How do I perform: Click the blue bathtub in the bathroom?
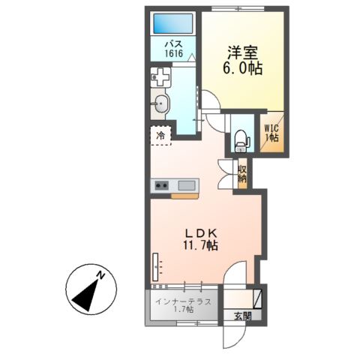(173, 23)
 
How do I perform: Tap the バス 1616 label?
(173, 49)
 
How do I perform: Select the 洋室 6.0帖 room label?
(242, 60)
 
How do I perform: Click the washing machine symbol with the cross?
(160, 77)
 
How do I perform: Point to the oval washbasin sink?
(160, 103)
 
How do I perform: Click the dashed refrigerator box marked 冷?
(160, 135)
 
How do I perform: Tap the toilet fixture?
(241, 141)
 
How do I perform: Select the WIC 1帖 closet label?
(271, 133)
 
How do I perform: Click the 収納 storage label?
(242, 174)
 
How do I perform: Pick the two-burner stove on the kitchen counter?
(161, 185)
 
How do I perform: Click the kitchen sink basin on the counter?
(187, 185)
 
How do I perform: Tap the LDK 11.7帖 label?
(200, 239)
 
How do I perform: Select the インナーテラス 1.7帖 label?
(184, 305)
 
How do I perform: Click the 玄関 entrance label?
(243, 316)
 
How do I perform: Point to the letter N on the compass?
(100, 275)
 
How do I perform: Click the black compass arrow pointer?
(85, 295)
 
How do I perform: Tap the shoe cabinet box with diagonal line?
(257, 299)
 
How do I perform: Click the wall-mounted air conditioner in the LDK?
(155, 267)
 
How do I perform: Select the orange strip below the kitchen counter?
(184, 196)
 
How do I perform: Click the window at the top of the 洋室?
(238, 9)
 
